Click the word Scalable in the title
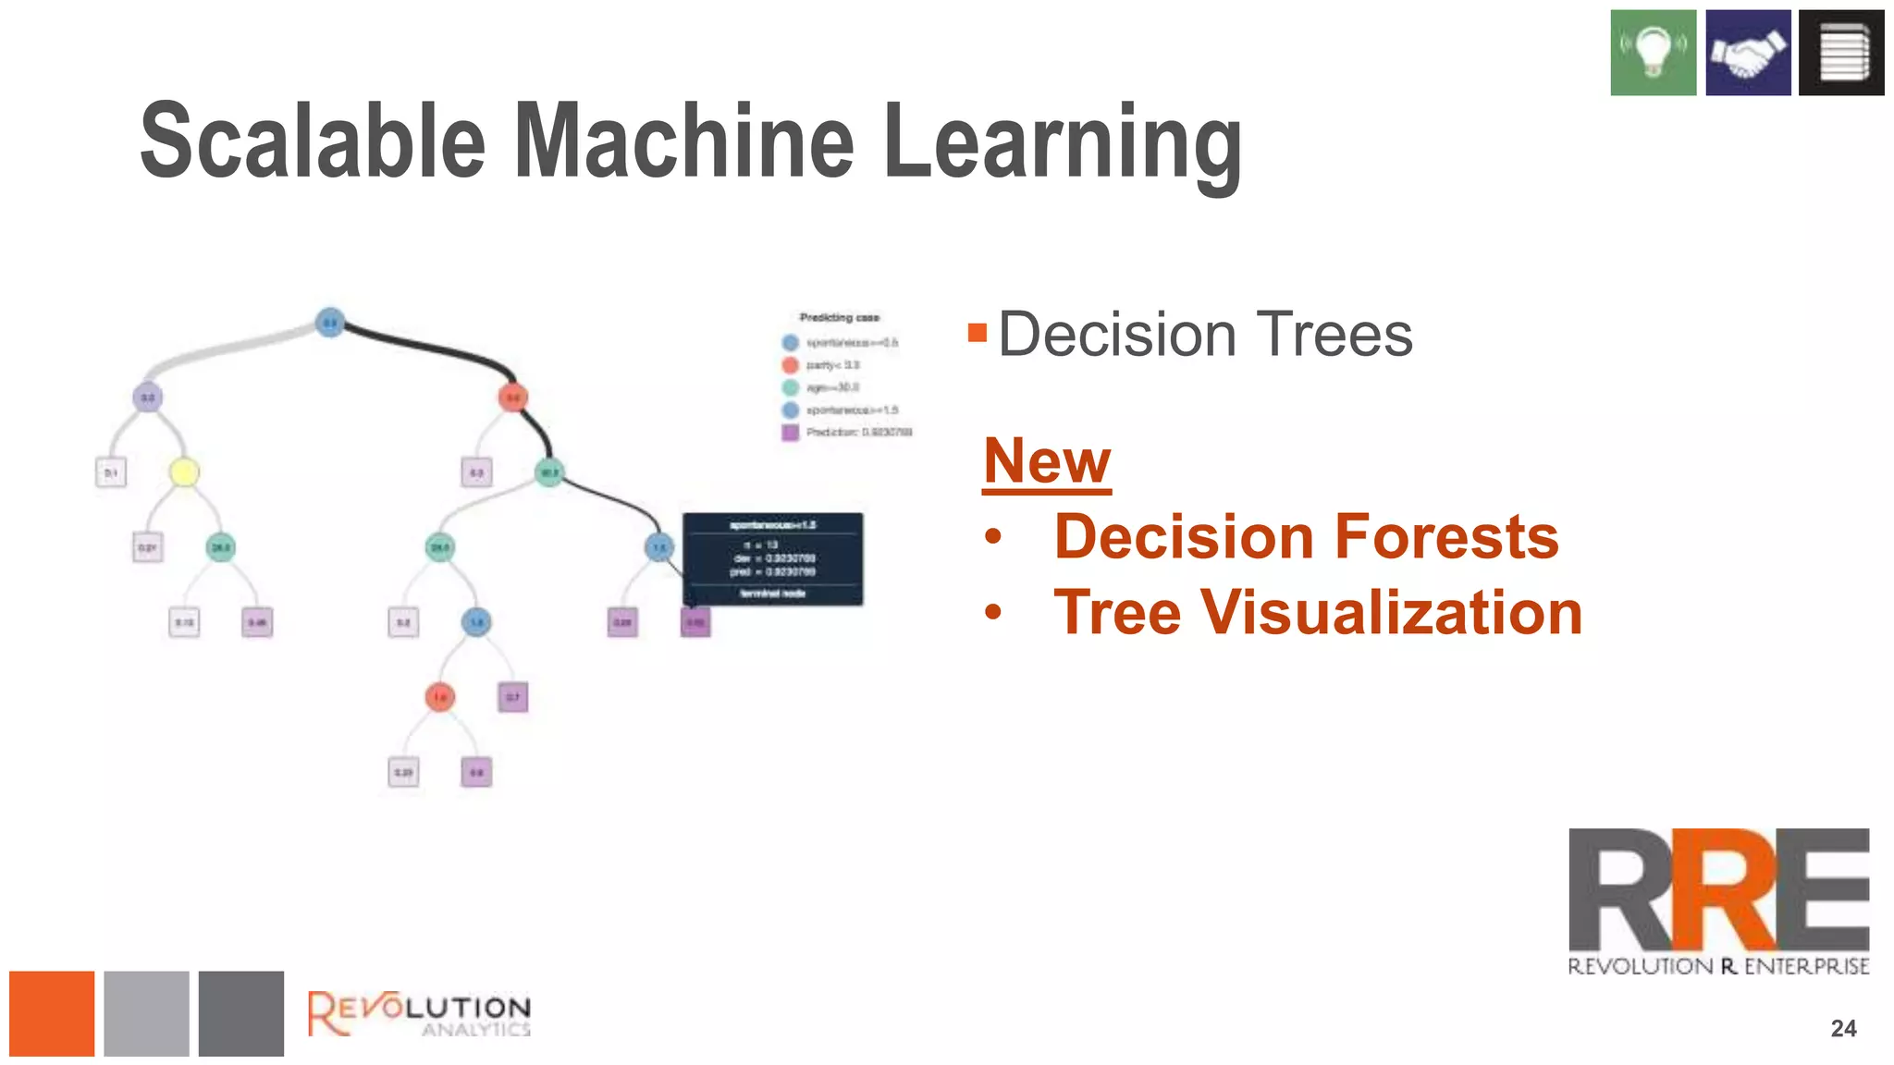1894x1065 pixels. (312, 141)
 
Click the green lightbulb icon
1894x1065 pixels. (1653, 53)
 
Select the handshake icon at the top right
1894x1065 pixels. (1748, 53)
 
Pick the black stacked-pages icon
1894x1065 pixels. (1841, 53)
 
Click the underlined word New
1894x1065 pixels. (1047, 460)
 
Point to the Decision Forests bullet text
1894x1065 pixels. (1306, 537)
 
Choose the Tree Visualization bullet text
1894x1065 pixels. (1317, 613)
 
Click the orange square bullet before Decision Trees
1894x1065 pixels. (978, 333)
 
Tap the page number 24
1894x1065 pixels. (1843, 1028)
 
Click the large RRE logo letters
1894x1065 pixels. (1718, 889)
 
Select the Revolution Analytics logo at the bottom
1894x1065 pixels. (419, 1014)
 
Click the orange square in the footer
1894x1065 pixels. (52, 1013)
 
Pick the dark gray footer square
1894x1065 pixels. (240, 1013)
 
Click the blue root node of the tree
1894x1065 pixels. (330, 322)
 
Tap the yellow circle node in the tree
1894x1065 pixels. (184, 472)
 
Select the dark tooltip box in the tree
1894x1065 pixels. (772, 559)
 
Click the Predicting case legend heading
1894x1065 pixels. (839, 317)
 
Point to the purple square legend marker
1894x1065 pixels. (790, 432)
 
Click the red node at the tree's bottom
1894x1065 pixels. (440, 696)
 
